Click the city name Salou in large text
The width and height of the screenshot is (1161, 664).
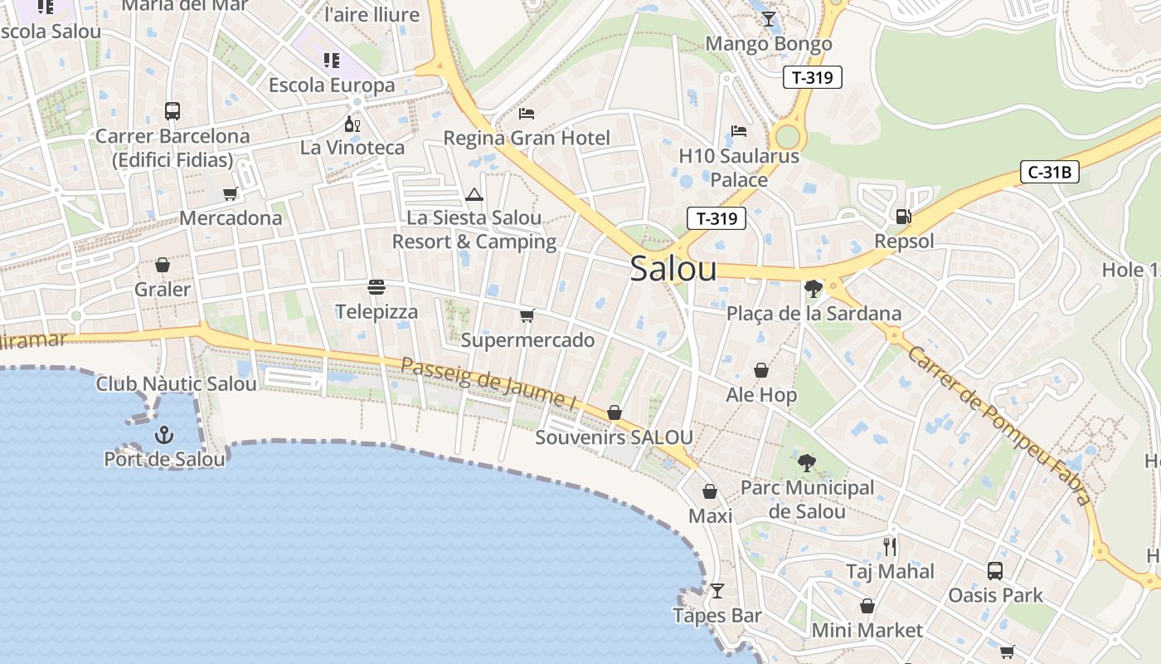point(673,269)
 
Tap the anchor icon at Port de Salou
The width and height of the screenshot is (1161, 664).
point(164,434)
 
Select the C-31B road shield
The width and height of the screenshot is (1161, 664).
point(1050,173)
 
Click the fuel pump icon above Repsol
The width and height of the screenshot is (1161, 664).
point(903,217)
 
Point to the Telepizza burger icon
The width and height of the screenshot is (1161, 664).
point(376,288)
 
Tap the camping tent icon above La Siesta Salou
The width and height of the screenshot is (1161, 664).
point(474,195)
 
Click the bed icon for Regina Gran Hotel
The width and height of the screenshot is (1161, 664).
point(527,113)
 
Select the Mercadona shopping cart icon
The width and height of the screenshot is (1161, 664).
point(231,194)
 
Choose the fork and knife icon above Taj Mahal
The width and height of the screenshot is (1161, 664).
point(890,546)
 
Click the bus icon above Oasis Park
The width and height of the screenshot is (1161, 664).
point(995,571)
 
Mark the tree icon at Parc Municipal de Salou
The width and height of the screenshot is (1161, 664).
point(806,463)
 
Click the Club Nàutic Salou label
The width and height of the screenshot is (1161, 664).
point(177,384)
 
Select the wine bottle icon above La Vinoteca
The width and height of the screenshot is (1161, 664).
point(352,124)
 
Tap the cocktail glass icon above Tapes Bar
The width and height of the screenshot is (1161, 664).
point(717,591)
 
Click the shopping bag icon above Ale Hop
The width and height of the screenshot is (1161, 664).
point(761,370)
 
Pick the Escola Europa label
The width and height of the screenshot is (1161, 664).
point(332,85)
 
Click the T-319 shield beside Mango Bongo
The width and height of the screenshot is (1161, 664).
point(813,77)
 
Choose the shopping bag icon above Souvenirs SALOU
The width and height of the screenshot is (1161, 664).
point(615,413)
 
